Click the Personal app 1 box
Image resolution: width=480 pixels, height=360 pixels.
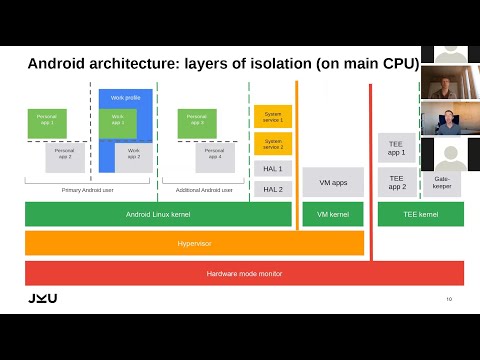pos(47,123)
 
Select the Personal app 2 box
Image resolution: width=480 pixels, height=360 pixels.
pos(65,157)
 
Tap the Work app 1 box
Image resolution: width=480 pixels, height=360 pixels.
pos(118,123)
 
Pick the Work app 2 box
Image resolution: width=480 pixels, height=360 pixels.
pos(134,157)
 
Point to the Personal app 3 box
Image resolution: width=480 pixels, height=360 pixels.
pos(197,123)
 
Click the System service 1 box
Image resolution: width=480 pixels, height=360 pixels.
pos(272,116)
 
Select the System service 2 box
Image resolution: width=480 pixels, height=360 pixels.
pos(272,143)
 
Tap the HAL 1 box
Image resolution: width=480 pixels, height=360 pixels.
pos(272,169)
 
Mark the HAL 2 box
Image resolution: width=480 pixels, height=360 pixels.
pos(272,188)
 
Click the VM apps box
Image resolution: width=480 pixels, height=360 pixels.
pos(332,182)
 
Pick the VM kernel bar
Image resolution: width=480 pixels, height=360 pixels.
pos(332,214)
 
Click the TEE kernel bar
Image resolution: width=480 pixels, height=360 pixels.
pos(420,214)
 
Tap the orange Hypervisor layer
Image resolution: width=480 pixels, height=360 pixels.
pos(194,243)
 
